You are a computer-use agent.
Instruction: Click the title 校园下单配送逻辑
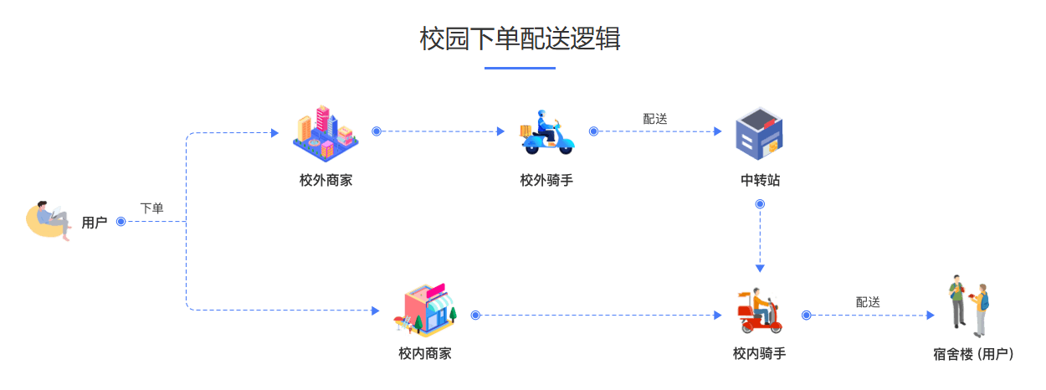click(x=520, y=38)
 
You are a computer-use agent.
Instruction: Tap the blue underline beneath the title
click(x=520, y=68)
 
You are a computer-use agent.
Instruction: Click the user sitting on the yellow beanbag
click(x=49, y=221)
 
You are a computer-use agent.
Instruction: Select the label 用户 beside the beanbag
click(x=95, y=223)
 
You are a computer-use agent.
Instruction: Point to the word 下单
click(x=151, y=208)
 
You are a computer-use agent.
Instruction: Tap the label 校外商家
click(x=326, y=180)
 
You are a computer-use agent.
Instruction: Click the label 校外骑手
click(x=546, y=180)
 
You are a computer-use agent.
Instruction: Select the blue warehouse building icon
click(x=760, y=134)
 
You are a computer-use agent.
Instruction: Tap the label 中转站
click(x=760, y=180)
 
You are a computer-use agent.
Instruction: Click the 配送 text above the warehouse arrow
click(x=655, y=119)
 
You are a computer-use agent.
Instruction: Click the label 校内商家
click(x=425, y=354)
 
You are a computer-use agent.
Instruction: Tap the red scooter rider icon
click(x=759, y=311)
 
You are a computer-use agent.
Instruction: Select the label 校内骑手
click(x=759, y=354)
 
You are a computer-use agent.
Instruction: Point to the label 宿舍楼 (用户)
click(x=973, y=354)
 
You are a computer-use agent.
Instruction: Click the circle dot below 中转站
click(x=760, y=204)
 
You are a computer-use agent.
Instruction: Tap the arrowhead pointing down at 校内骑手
click(x=760, y=268)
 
